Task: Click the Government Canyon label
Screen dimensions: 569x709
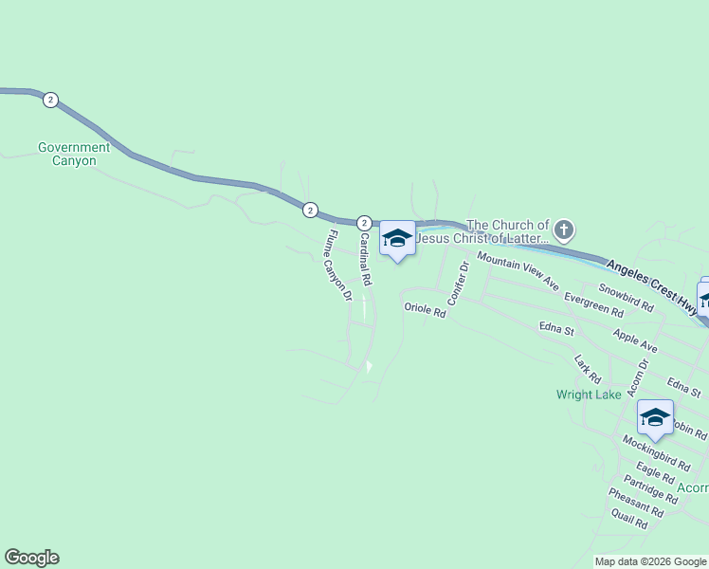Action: (x=74, y=154)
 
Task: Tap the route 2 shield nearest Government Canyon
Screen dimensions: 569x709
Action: (x=50, y=100)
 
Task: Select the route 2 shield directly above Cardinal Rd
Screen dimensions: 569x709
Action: (x=363, y=222)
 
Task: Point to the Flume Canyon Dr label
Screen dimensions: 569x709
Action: (x=339, y=266)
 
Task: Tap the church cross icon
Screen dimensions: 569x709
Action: (x=564, y=229)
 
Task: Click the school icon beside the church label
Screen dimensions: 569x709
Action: (x=397, y=239)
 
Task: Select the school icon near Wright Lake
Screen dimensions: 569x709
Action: (x=655, y=416)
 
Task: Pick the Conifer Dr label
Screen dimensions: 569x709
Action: (x=458, y=283)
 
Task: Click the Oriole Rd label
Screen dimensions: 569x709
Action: (x=425, y=309)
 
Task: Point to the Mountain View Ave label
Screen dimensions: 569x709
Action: (x=518, y=271)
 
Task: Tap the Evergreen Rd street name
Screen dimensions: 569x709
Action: (x=593, y=303)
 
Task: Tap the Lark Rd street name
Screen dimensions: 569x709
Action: (x=588, y=368)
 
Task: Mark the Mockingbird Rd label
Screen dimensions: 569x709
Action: (x=656, y=453)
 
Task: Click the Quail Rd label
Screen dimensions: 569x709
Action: (x=629, y=518)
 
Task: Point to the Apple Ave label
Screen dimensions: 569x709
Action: (x=635, y=341)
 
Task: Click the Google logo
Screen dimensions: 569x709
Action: (x=32, y=558)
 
